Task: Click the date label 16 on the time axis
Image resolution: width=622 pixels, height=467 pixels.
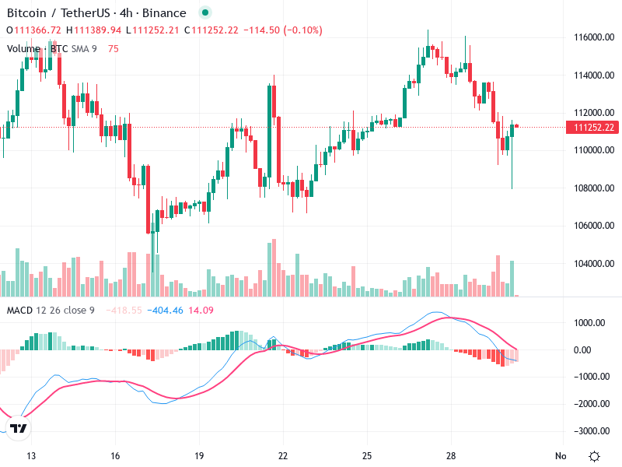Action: pos(115,456)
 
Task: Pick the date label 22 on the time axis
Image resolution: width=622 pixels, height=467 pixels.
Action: pos(283,456)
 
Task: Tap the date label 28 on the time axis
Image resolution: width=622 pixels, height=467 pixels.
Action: pos(451,456)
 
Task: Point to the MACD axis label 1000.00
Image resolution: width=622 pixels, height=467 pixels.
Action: pos(592,323)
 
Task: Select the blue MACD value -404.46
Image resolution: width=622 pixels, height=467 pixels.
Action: pos(167,311)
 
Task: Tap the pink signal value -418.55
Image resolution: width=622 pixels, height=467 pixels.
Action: pos(126,311)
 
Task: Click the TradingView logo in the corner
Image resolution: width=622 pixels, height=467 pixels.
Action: pos(19,429)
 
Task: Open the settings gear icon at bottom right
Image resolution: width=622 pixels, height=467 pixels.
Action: pos(595,456)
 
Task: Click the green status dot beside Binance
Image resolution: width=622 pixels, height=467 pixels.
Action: pos(204,13)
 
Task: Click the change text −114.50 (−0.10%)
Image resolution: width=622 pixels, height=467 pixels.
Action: pos(283,30)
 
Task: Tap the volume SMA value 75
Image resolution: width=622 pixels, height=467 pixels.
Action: pos(114,49)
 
